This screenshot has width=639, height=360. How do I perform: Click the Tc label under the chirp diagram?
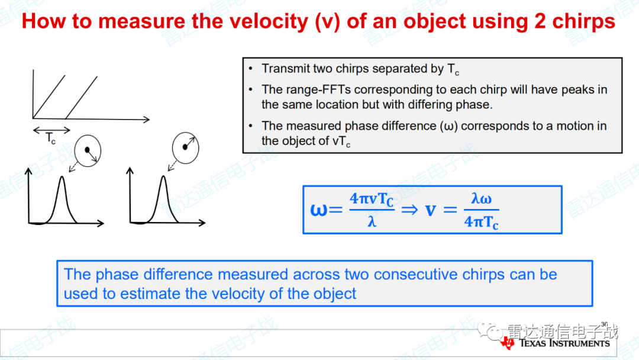pyautogui.click(x=50, y=139)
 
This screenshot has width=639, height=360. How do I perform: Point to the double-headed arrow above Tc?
pyautogui.click(x=51, y=130)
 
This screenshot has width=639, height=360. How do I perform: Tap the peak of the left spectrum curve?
pyautogui.click(x=62, y=177)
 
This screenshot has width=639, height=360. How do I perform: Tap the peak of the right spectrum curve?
pyautogui.click(x=163, y=176)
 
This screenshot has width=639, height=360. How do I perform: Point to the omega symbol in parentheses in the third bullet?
pyautogui.click(x=448, y=126)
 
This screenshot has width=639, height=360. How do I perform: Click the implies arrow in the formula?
pyautogui.click(x=409, y=210)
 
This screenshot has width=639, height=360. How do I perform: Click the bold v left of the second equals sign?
pyautogui.click(x=431, y=210)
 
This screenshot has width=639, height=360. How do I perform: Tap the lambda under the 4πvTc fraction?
pyautogui.click(x=372, y=222)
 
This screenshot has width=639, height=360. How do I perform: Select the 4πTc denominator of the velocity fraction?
pyautogui.click(x=481, y=222)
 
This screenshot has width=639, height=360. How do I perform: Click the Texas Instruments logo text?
pyautogui.click(x=564, y=343)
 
